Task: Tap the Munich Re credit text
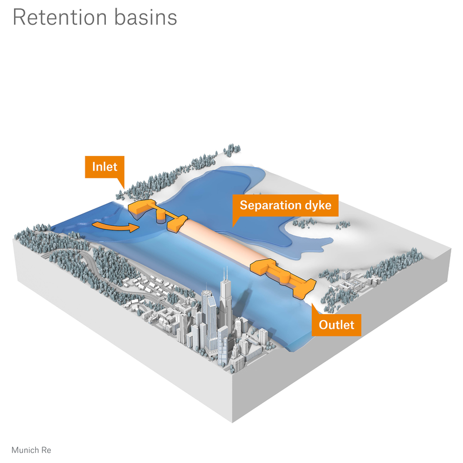coord(31,450)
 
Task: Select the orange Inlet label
coord(104,166)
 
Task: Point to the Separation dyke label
coord(285,205)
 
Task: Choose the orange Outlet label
coord(336,324)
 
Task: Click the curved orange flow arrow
coord(115,226)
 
